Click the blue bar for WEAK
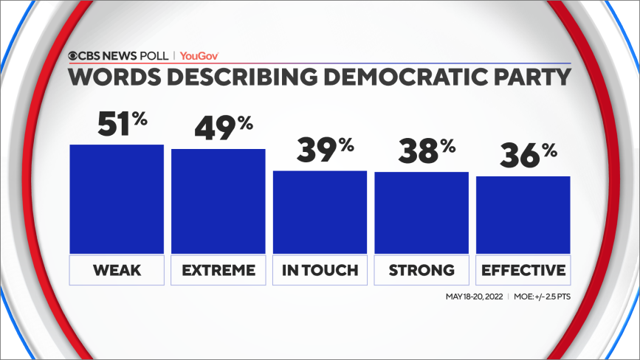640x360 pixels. (117, 199)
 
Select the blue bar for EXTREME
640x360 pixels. (218, 201)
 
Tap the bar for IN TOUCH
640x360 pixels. (320, 212)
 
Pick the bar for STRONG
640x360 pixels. (421, 213)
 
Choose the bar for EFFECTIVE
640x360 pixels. (523, 215)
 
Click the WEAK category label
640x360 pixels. (117, 271)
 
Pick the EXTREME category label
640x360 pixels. (218, 271)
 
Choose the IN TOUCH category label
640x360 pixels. (320, 271)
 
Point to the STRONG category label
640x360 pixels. (421, 271)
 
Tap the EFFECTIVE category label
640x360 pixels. (523, 271)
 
